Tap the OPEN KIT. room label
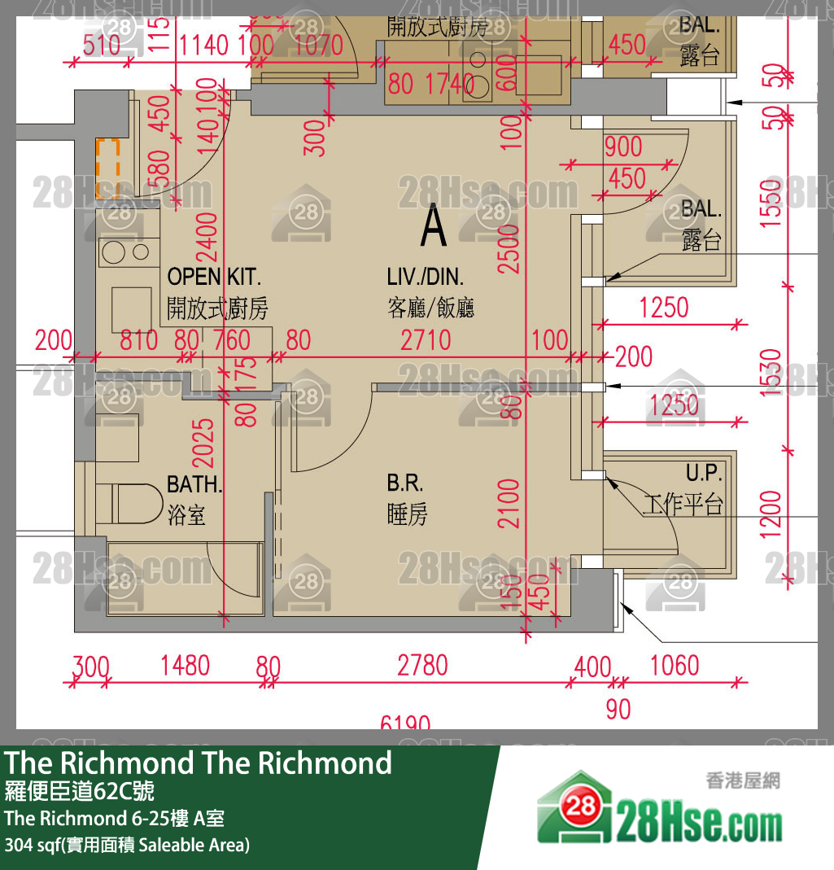click(215, 277)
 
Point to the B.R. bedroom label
click(405, 483)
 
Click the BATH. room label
click(194, 485)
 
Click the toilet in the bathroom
click(130, 502)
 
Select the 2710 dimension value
click(426, 339)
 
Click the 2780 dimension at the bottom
click(422, 666)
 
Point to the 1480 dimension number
click(185, 666)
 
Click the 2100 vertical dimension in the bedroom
click(509, 503)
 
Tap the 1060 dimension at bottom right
click(675, 666)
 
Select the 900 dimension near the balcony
click(623, 147)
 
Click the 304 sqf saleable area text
click(127, 845)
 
